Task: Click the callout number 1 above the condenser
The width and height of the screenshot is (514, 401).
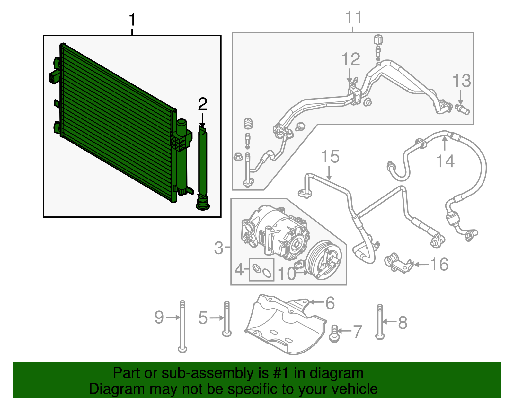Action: coord(132,20)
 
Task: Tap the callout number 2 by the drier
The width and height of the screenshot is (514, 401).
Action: coord(202,104)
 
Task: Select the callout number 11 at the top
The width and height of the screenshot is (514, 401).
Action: coord(353,17)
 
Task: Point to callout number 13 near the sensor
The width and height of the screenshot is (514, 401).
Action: coord(461,81)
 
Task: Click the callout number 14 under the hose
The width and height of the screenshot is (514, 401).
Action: coord(445,161)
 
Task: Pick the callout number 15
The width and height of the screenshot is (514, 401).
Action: coord(330,157)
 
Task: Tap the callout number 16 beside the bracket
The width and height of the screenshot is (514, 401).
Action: coord(439,265)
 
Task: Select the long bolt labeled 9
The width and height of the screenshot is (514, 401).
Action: coord(182,326)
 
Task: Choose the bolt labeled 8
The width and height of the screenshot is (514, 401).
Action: coord(380,322)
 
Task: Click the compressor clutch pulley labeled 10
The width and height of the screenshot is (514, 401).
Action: coord(324,261)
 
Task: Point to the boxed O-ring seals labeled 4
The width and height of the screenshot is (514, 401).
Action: coord(261,270)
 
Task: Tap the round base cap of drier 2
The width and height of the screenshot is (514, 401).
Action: coord(203,205)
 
